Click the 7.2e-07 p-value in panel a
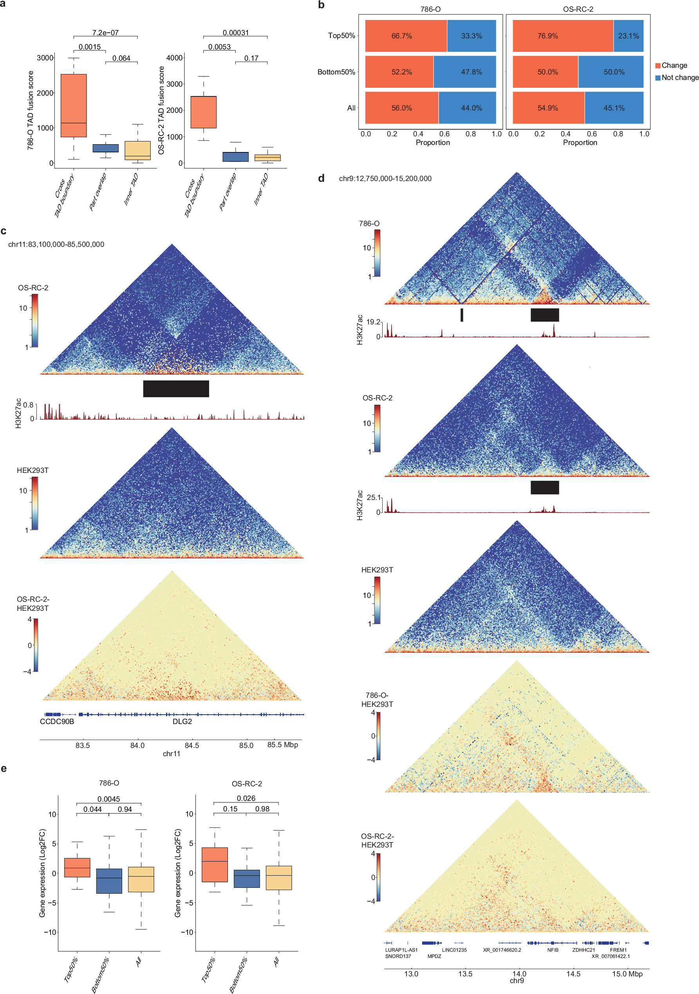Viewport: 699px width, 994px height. (x=105, y=33)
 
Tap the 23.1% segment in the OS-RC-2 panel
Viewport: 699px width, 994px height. (x=628, y=36)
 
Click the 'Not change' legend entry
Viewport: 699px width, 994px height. (x=680, y=78)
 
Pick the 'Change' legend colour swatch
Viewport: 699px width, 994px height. (x=658, y=65)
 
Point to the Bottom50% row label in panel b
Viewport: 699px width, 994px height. (x=336, y=72)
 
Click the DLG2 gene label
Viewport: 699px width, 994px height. (x=182, y=721)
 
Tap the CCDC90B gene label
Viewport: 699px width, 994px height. (x=57, y=721)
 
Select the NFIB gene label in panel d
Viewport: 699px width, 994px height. (x=553, y=950)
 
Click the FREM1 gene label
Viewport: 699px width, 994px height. (x=618, y=950)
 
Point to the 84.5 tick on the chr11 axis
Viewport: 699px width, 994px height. (x=192, y=745)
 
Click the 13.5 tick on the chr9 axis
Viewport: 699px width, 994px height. (x=465, y=974)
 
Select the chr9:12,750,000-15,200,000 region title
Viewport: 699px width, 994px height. (x=385, y=178)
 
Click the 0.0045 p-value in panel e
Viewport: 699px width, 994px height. (x=108, y=799)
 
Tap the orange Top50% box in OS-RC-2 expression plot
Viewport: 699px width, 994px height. (x=215, y=864)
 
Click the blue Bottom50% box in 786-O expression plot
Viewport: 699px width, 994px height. (x=109, y=880)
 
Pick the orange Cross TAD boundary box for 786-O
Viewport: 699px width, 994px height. (x=74, y=105)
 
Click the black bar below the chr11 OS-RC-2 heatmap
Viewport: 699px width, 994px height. (x=176, y=388)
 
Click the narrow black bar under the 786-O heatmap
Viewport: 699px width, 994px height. (x=462, y=315)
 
